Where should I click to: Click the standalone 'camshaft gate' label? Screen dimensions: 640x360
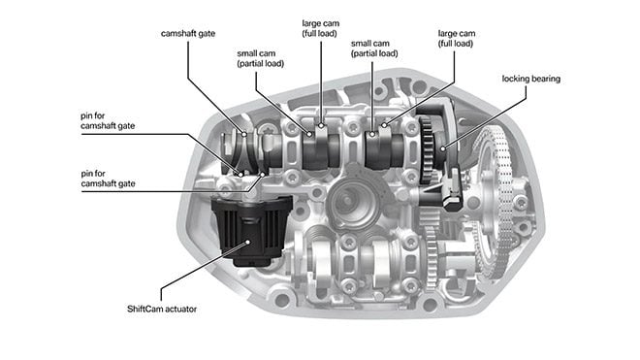188,34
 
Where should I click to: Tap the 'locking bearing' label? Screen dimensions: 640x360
531,79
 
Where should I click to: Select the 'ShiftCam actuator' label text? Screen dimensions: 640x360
162,309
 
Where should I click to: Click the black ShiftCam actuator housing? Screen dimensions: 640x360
252,230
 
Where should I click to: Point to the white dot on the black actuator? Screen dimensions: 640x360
247,243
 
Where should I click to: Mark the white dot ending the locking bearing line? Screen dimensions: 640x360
444,148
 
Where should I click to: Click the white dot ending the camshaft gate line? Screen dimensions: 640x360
244,134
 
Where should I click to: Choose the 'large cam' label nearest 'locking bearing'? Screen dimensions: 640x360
457,39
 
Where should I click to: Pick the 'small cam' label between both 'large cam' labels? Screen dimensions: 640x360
374,49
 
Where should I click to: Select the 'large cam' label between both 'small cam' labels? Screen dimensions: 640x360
320,28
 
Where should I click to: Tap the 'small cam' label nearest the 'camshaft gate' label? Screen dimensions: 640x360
261,58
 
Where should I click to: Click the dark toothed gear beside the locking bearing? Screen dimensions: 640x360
427,149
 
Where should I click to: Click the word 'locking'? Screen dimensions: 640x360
516,79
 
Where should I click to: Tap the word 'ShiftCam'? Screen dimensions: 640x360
144,309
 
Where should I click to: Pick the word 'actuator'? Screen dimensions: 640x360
179,309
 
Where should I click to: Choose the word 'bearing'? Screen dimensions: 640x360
546,79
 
